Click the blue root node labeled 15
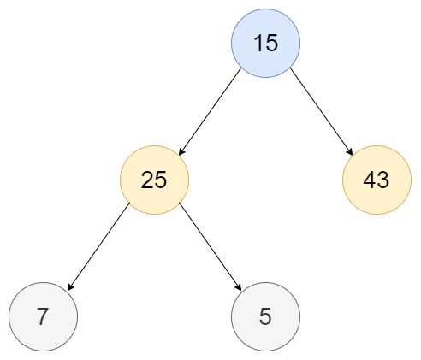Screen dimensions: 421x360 click(265, 43)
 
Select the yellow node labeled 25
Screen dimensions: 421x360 click(154, 180)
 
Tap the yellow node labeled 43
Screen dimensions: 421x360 click(377, 180)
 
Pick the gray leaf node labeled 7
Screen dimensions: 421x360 click(43, 316)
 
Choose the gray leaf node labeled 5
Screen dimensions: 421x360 click(265, 316)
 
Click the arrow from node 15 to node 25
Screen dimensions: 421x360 click(210, 111)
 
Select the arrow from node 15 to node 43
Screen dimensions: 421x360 click(321, 111)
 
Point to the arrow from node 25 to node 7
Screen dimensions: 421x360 click(98, 246)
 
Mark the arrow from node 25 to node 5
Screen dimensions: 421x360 click(210, 246)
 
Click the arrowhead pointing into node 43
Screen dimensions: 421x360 click(350, 151)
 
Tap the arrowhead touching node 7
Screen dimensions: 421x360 click(71, 286)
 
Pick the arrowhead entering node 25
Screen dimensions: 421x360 click(182, 151)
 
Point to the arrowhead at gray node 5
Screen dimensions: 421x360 click(239, 286)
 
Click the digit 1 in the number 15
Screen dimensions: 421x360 click(258, 43)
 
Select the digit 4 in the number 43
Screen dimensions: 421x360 click(369, 180)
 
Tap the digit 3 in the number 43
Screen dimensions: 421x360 click(382, 180)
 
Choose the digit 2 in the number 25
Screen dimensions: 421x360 click(147, 180)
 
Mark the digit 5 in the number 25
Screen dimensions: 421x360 click(161, 180)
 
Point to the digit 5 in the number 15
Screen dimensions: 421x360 click(272, 44)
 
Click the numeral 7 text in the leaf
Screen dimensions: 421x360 click(43, 316)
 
